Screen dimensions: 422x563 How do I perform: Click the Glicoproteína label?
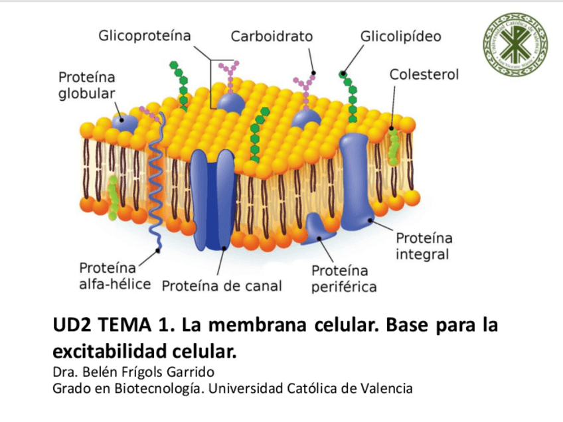(x=144, y=36)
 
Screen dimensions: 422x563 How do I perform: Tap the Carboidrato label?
(x=272, y=36)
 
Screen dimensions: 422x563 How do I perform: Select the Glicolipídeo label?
(x=400, y=36)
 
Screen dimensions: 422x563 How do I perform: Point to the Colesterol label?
(x=424, y=74)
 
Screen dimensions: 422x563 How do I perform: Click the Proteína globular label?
(x=87, y=85)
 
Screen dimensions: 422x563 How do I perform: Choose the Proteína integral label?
(x=424, y=246)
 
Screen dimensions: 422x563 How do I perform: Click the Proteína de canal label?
(x=222, y=286)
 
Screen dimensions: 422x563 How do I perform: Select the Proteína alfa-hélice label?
(x=109, y=276)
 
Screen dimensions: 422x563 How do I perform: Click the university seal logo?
(x=515, y=43)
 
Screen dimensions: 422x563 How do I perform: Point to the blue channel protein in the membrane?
(x=212, y=199)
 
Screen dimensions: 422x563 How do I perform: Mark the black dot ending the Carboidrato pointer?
(x=313, y=73)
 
